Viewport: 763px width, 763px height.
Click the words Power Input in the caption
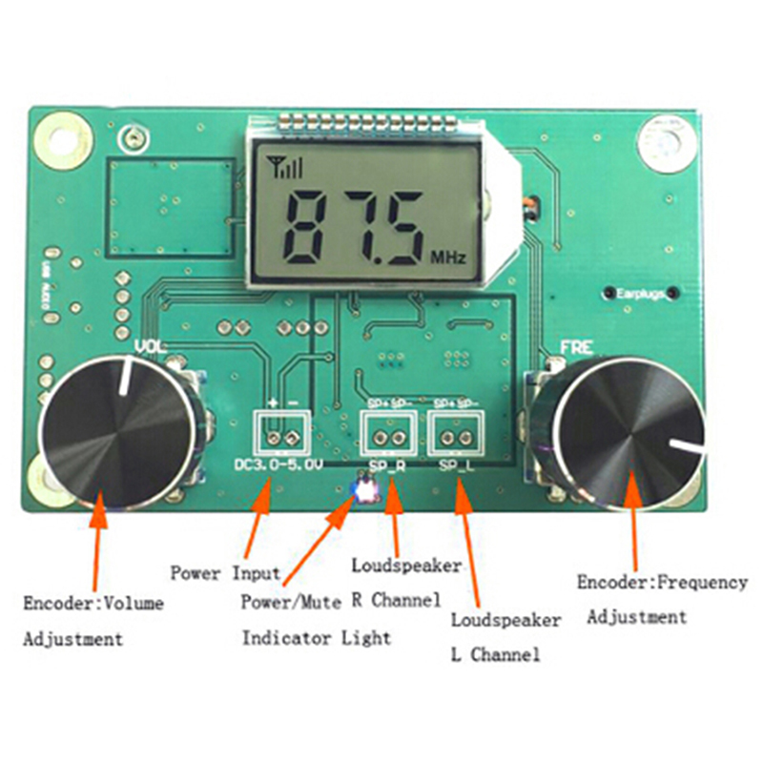(x=226, y=573)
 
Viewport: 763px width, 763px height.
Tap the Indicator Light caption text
(x=317, y=637)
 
